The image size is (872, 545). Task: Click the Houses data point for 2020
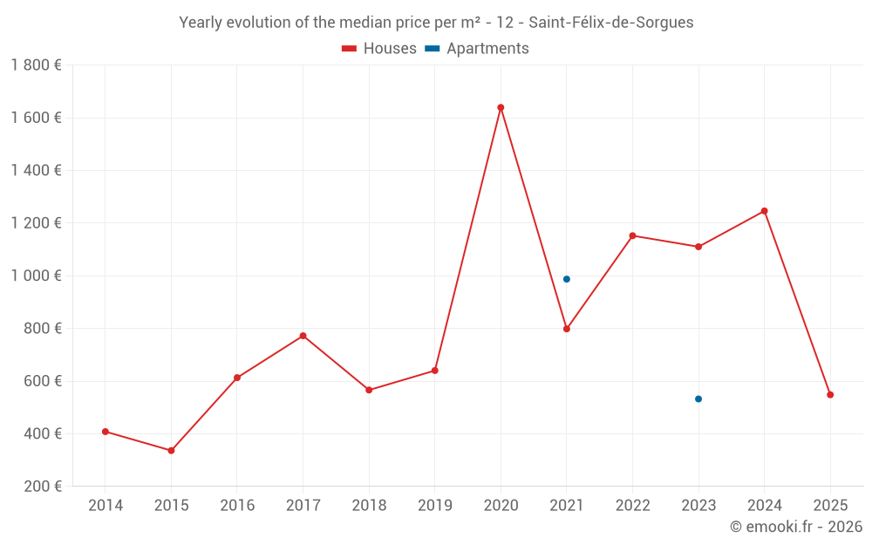tap(501, 107)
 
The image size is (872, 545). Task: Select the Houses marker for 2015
tap(171, 451)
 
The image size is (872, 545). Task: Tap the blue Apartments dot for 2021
tap(567, 279)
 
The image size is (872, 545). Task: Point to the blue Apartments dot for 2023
tap(698, 399)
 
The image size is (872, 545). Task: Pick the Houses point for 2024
tap(765, 211)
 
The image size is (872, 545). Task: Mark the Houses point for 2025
tap(830, 395)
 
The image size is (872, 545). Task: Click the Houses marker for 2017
tap(303, 336)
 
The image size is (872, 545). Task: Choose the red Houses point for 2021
tap(567, 329)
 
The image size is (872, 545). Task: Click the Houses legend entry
tap(379, 49)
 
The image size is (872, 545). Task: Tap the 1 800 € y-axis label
tap(36, 65)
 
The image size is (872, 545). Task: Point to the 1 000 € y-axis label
tap(36, 276)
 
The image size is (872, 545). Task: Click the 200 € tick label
tap(40, 487)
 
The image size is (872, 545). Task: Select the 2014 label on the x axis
tap(106, 506)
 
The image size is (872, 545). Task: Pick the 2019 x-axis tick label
tap(435, 506)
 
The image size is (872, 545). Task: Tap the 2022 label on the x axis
tap(632, 506)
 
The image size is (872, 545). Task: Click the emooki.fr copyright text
tap(795, 527)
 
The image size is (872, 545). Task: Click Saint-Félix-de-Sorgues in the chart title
tap(610, 23)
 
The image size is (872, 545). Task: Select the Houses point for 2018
tap(369, 390)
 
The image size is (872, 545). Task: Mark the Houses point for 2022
tap(632, 235)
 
